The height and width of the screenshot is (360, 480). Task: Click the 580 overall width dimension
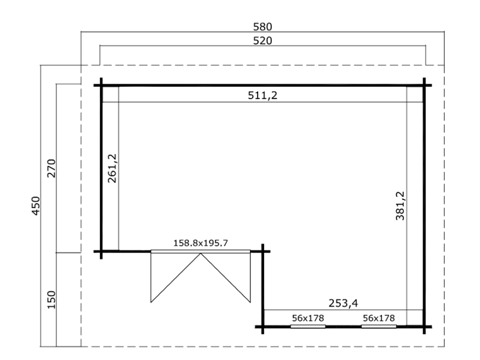click(x=262, y=27)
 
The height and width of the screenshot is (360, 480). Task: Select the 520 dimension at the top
click(x=262, y=41)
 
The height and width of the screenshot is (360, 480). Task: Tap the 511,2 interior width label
click(x=262, y=95)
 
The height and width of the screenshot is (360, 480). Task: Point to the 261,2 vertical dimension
click(x=113, y=169)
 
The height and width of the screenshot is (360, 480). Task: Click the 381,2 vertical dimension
click(x=400, y=206)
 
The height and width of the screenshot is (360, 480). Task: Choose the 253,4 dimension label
click(x=343, y=303)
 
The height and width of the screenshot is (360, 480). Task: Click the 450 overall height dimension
click(x=36, y=206)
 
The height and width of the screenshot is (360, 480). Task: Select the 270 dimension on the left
click(x=51, y=169)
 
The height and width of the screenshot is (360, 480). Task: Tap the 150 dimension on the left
click(x=51, y=300)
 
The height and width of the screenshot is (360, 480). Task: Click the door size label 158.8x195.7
click(x=201, y=243)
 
